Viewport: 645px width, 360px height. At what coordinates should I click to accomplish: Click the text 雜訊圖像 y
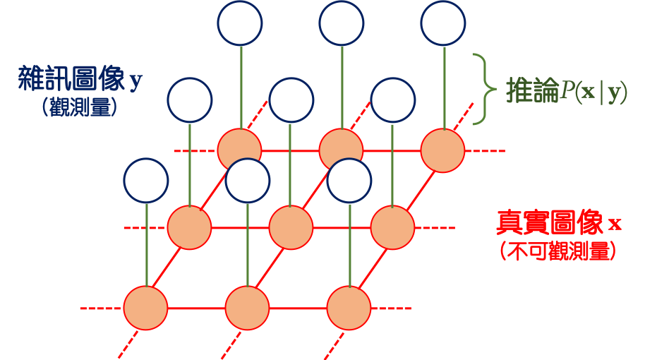click(80, 80)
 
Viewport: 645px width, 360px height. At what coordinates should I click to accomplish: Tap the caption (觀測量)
click(78, 107)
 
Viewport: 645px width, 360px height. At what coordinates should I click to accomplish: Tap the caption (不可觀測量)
click(557, 251)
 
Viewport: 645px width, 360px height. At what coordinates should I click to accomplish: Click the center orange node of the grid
click(291, 228)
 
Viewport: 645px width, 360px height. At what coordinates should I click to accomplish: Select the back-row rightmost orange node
click(442, 150)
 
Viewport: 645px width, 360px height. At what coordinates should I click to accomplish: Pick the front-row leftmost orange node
click(145, 308)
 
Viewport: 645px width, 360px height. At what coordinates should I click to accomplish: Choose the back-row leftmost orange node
click(239, 150)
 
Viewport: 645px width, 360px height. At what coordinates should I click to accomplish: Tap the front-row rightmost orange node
click(349, 308)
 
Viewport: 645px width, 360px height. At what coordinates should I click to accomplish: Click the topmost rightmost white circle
click(443, 23)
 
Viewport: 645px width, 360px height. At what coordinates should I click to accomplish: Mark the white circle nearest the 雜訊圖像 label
click(190, 100)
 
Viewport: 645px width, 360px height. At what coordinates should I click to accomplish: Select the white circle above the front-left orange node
click(145, 180)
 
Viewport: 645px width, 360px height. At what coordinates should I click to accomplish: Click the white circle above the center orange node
click(291, 100)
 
